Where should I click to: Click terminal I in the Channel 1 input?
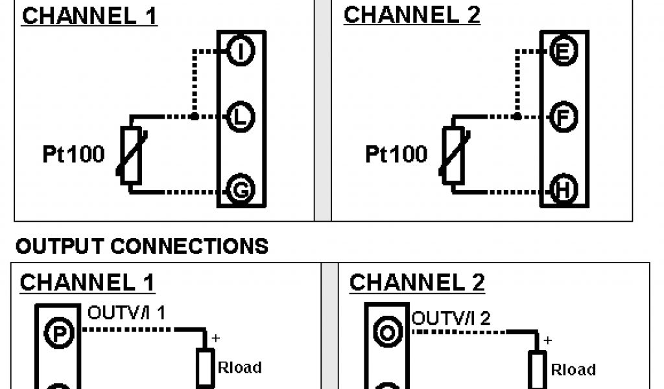tap(241, 51)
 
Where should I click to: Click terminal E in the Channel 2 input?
tap(562, 51)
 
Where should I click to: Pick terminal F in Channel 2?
tap(562, 117)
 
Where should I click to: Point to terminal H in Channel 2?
tap(562, 191)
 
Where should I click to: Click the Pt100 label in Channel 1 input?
tap(73, 154)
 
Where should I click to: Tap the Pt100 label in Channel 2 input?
tap(396, 154)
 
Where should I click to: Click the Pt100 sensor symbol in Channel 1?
tap(131, 154)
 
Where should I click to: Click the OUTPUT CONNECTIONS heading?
tap(141, 246)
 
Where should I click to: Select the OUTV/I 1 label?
tap(126, 314)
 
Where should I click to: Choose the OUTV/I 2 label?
tap(451, 318)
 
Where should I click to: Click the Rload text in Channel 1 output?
tap(240, 368)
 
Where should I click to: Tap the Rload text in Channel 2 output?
tap(573, 370)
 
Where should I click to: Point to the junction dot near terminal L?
tap(194, 117)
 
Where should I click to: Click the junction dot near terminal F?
tap(516, 117)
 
